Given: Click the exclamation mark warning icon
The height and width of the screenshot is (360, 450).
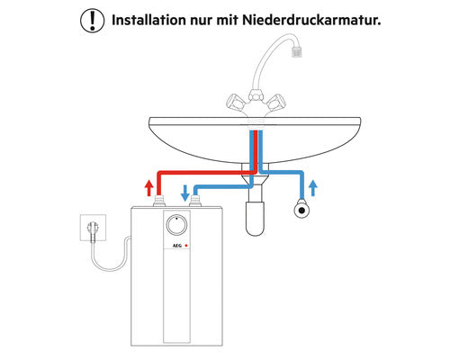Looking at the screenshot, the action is pyautogui.click(x=93, y=21).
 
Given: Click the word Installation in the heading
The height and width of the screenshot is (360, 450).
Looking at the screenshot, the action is pyautogui.click(x=148, y=20).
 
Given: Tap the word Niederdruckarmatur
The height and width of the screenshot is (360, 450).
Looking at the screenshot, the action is pyautogui.click(x=311, y=20).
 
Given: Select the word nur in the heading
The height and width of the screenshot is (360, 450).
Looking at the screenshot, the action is pyautogui.click(x=201, y=22).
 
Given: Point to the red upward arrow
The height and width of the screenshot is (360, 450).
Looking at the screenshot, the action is pyautogui.click(x=148, y=188).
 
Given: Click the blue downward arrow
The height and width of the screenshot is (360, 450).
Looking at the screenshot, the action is pyautogui.click(x=185, y=193).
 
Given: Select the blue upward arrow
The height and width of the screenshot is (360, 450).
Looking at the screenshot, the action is pyautogui.click(x=313, y=188).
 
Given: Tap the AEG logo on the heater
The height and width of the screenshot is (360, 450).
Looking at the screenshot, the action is pyautogui.click(x=177, y=246).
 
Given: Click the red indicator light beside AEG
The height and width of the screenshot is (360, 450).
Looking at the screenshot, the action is pyautogui.click(x=186, y=246).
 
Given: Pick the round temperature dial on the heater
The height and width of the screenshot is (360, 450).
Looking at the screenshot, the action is pyautogui.click(x=176, y=225).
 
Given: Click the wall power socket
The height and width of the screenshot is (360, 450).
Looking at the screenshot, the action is pyautogui.click(x=93, y=228).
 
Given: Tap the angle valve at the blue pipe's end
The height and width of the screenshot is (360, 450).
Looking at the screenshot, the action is pyautogui.click(x=301, y=210).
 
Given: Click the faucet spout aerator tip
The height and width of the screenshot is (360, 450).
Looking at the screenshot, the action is pyautogui.click(x=296, y=51).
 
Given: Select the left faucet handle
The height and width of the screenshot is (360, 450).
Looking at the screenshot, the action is pyautogui.click(x=236, y=102).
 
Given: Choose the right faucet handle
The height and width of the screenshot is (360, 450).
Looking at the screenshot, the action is pyautogui.click(x=274, y=102).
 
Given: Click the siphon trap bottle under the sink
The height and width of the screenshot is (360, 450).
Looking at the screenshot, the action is pyautogui.click(x=255, y=219).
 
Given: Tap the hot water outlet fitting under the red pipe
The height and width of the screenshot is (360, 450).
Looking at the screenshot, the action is pyautogui.click(x=159, y=201).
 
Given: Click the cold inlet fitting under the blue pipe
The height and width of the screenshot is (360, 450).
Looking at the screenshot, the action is pyautogui.click(x=195, y=201).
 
